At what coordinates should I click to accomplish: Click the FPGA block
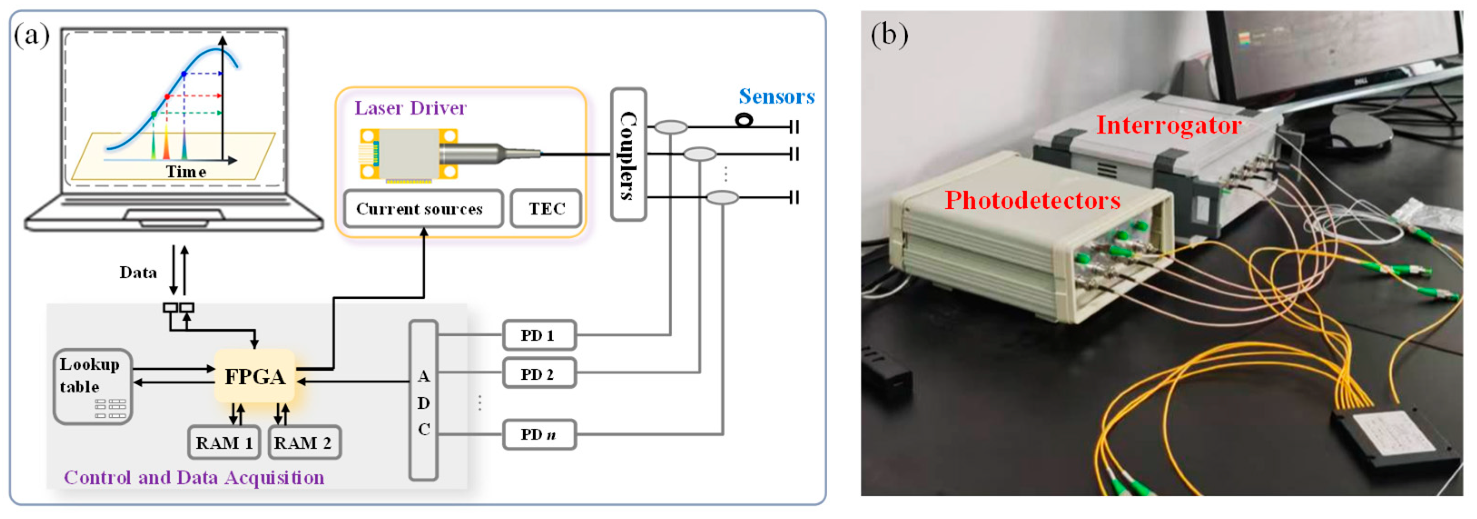coord(255,377)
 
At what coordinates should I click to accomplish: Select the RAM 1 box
coord(224,443)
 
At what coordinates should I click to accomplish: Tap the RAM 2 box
coord(304,443)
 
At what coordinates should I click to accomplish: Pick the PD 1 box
coord(539,335)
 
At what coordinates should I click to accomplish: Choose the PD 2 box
coord(539,374)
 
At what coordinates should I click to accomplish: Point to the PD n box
coord(539,434)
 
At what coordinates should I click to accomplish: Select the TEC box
coord(546,209)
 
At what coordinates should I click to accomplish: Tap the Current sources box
coord(422,209)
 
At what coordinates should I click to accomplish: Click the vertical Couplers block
coord(628,155)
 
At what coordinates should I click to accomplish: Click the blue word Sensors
coord(776,96)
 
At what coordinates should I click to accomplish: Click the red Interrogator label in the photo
coord(1168,126)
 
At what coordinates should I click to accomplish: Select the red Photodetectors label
coord(1032,201)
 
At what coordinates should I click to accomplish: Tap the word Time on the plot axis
coord(186,171)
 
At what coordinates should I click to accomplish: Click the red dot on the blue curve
coord(167,96)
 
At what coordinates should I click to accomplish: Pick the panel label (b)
coord(889,34)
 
